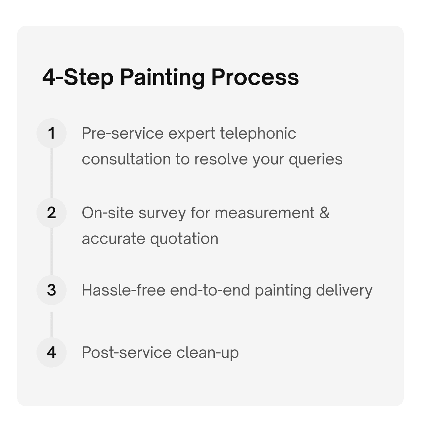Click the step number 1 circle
pyautogui.click(x=52, y=133)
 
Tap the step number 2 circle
pyautogui.click(x=52, y=213)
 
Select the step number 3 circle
pyautogui.click(x=52, y=290)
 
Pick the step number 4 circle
pyautogui.click(x=52, y=352)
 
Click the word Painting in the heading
pyautogui.click(x=162, y=77)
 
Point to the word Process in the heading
pyautogui.click(x=255, y=77)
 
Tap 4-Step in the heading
pyautogui.click(x=78, y=77)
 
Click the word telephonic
pyautogui.click(x=258, y=133)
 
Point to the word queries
pyautogui.click(x=315, y=159)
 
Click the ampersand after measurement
pyautogui.click(x=324, y=213)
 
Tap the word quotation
pyautogui.click(x=184, y=239)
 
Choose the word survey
pyautogui.click(x=162, y=213)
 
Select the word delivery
pyautogui.click(x=344, y=290)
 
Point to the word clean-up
pyautogui.click(x=207, y=352)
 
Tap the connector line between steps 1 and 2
pyautogui.click(x=52, y=173)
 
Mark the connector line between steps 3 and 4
pyautogui.click(x=52, y=324)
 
